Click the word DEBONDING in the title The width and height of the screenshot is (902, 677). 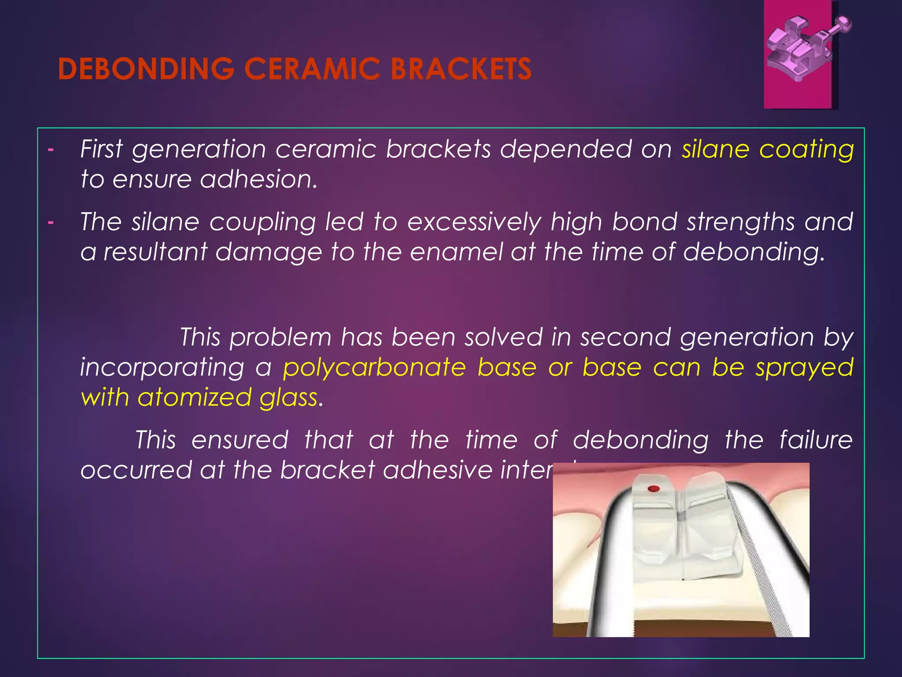[146, 69]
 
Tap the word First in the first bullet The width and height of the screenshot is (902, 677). [101, 149]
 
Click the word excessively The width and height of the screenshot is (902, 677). [474, 222]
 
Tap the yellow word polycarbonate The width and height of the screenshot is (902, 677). [374, 368]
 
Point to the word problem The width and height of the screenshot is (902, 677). [280, 338]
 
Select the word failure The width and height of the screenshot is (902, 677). [816, 440]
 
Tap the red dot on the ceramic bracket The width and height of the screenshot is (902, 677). [654, 488]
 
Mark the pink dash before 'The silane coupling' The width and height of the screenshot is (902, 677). [51, 222]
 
